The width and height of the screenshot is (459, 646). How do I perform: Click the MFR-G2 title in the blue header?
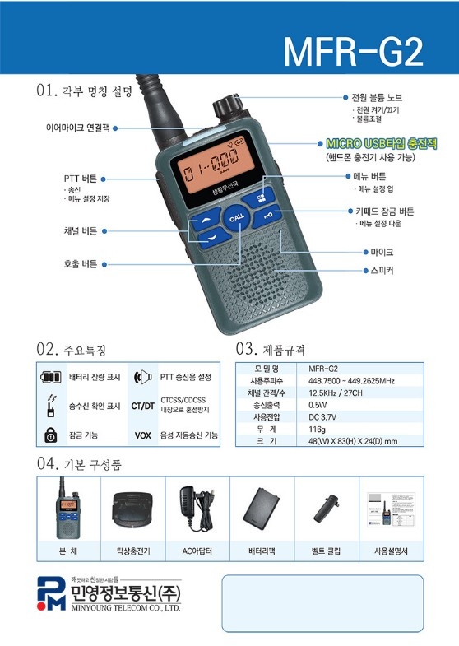[353, 51]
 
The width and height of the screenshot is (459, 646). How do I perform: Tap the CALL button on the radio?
[237, 218]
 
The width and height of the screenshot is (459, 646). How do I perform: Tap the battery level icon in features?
[52, 378]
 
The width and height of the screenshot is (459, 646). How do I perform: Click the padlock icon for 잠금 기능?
[51, 435]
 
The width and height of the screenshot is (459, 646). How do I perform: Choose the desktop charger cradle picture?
[131, 511]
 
